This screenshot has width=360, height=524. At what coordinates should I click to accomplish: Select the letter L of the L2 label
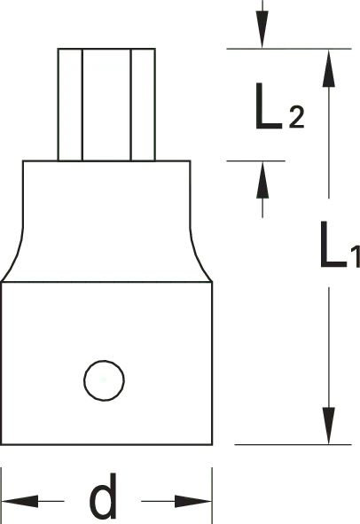point(269,106)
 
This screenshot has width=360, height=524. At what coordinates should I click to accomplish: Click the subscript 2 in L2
point(296,117)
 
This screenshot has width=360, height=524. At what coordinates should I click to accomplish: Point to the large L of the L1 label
point(333,244)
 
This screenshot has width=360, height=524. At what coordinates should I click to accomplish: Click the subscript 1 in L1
point(356,256)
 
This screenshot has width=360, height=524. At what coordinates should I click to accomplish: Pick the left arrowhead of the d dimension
point(20,501)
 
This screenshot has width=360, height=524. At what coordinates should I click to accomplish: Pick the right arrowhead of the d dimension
point(193,501)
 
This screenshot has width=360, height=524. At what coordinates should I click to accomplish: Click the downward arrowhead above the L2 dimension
point(262,30)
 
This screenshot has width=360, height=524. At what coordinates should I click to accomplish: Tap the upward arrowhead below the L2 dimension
point(262,180)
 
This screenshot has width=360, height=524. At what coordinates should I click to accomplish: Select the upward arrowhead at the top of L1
point(329,68)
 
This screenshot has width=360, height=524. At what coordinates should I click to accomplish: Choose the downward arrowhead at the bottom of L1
point(329,426)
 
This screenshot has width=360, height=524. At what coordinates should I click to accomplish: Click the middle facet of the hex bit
point(106,105)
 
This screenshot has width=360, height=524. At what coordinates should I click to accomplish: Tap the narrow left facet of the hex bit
point(70,105)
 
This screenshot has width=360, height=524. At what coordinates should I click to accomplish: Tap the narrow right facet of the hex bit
point(143,105)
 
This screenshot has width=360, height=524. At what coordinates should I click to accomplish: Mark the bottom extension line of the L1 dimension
point(293,444)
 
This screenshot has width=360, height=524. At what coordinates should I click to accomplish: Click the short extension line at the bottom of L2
point(255,160)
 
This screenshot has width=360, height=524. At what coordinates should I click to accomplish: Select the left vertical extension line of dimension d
point(2,496)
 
